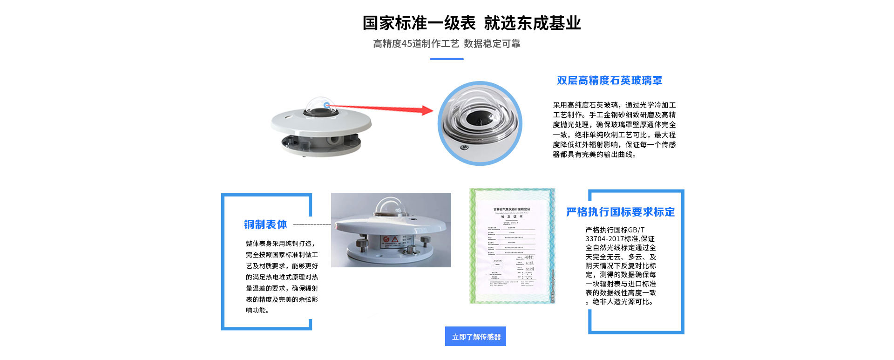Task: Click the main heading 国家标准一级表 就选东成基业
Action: pos(471,23)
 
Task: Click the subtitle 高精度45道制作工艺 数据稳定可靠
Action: pos(446,44)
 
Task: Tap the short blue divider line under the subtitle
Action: pos(446,59)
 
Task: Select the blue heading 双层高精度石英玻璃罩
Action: pos(609,81)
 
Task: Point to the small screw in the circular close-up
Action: pos(463,148)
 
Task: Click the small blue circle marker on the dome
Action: pos(327,105)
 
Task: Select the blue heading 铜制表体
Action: pos(265,224)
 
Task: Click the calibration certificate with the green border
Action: pos(512,246)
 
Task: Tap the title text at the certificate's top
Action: pos(512,210)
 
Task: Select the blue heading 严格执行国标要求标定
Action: pos(620,212)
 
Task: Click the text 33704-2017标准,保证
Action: pos(620,239)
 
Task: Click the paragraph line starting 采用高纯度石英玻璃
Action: pos(614,105)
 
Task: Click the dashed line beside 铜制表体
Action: pos(312,224)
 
